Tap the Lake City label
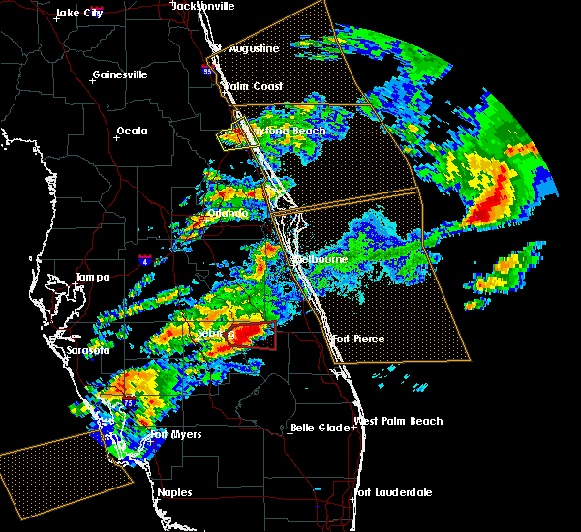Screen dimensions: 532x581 coord(79,13)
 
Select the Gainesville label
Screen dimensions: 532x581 coord(120,74)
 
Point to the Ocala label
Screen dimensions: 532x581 coord(132,131)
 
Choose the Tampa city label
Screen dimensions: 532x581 coord(92,278)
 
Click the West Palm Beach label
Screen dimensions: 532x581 coord(399,421)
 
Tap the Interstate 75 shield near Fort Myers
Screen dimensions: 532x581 coord(130,401)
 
